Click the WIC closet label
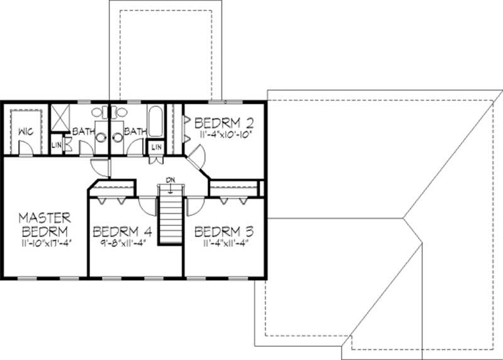pyautogui.click(x=26, y=132)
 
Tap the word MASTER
pyautogui.click(x=44, y=217)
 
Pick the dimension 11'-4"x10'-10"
pyautogui.click(x=221, y=133)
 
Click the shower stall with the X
pyautogui.click(x=59, y=116)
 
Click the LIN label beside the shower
pyautogui.click(x=55, y=144)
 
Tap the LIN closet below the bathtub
pyautogui.click(x=156, y=147)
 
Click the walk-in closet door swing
pyautogui.click(x=25, y=148)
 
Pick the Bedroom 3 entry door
pyautogui.click(x=194, y=203)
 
